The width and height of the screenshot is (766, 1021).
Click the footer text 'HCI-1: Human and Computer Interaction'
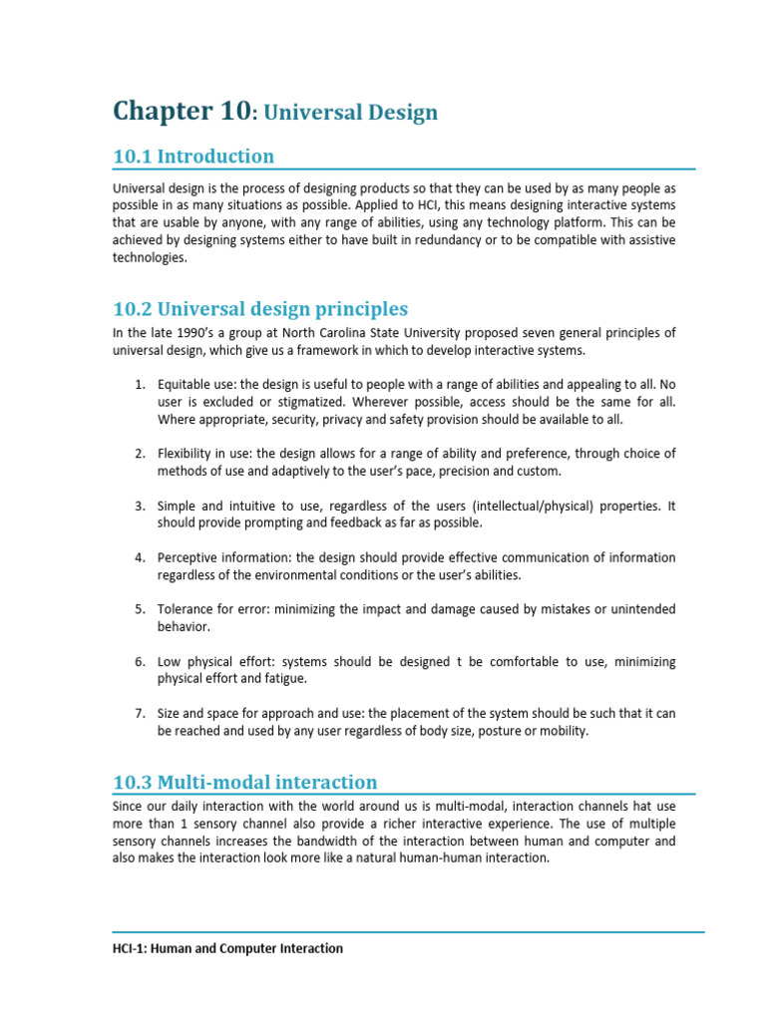[227, 948]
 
